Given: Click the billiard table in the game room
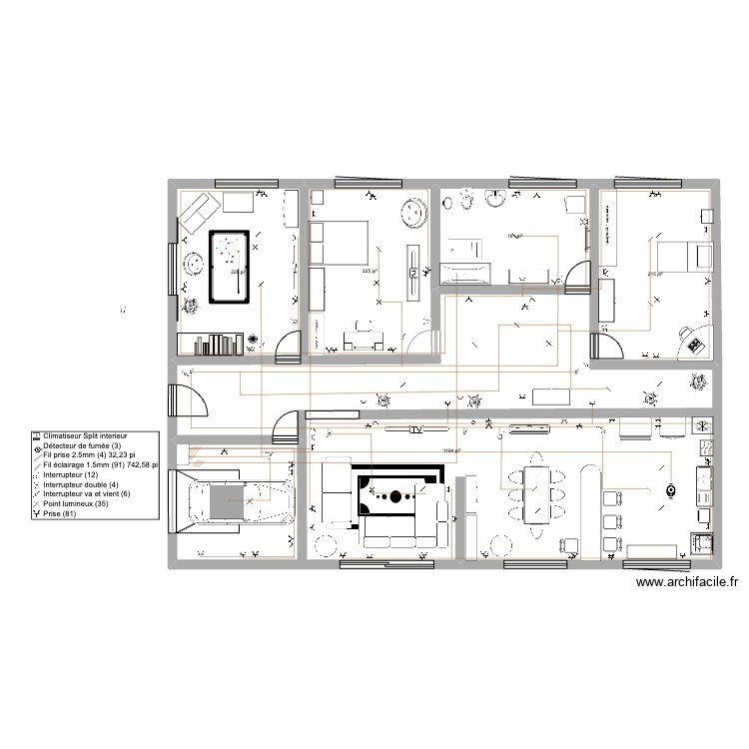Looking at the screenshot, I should coord(229,266).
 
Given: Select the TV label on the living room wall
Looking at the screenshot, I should coord(415,430).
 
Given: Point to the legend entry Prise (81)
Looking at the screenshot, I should coord(60,513).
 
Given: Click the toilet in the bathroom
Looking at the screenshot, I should coord(460,202).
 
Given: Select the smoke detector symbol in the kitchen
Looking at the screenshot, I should coord(671,490).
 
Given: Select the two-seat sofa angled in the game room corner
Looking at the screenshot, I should coord(198,212).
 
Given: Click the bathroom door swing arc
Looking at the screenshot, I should coord(576,275).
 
